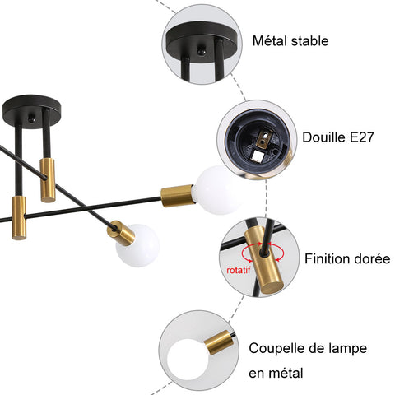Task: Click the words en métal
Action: pyautogui.click(x=276, y=373)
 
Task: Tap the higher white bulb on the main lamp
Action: pyautogui.click(x=216, y=189)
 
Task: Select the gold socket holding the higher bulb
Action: pyautogui.click(x=176, y=195)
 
